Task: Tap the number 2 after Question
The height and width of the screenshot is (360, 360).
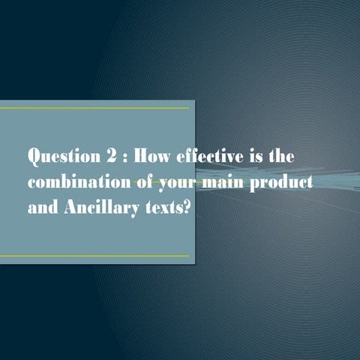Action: [111, 157]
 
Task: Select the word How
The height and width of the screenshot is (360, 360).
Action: [154, 157]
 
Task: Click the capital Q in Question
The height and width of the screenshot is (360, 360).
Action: [34, 157]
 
